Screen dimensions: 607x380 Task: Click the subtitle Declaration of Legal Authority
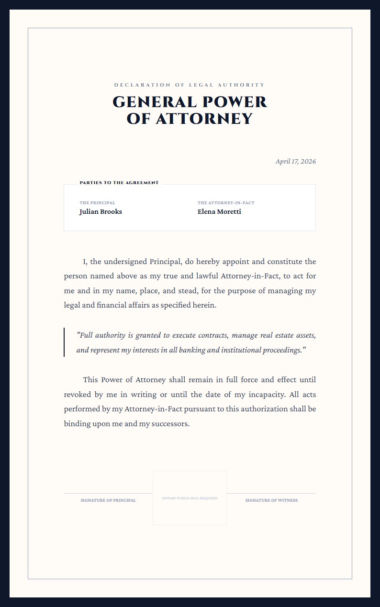(190, 85)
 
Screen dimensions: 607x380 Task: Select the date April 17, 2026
(295, 161)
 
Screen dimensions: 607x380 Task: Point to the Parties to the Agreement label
(119, 183)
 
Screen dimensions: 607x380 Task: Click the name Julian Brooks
(101, 212)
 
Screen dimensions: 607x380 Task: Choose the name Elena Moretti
(219, 212)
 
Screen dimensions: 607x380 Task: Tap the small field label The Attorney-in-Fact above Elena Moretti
(226, 203)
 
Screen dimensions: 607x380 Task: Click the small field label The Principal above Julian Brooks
(97, 203)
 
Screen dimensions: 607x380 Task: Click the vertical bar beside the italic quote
(64, 342)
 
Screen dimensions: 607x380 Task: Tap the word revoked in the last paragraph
(78, 395)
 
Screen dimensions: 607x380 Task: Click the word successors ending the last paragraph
(170, 424)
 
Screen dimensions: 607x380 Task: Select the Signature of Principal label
(108, 500)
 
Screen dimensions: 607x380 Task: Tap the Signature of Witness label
(271, 500)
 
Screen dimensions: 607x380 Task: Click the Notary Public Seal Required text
(190, 498)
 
